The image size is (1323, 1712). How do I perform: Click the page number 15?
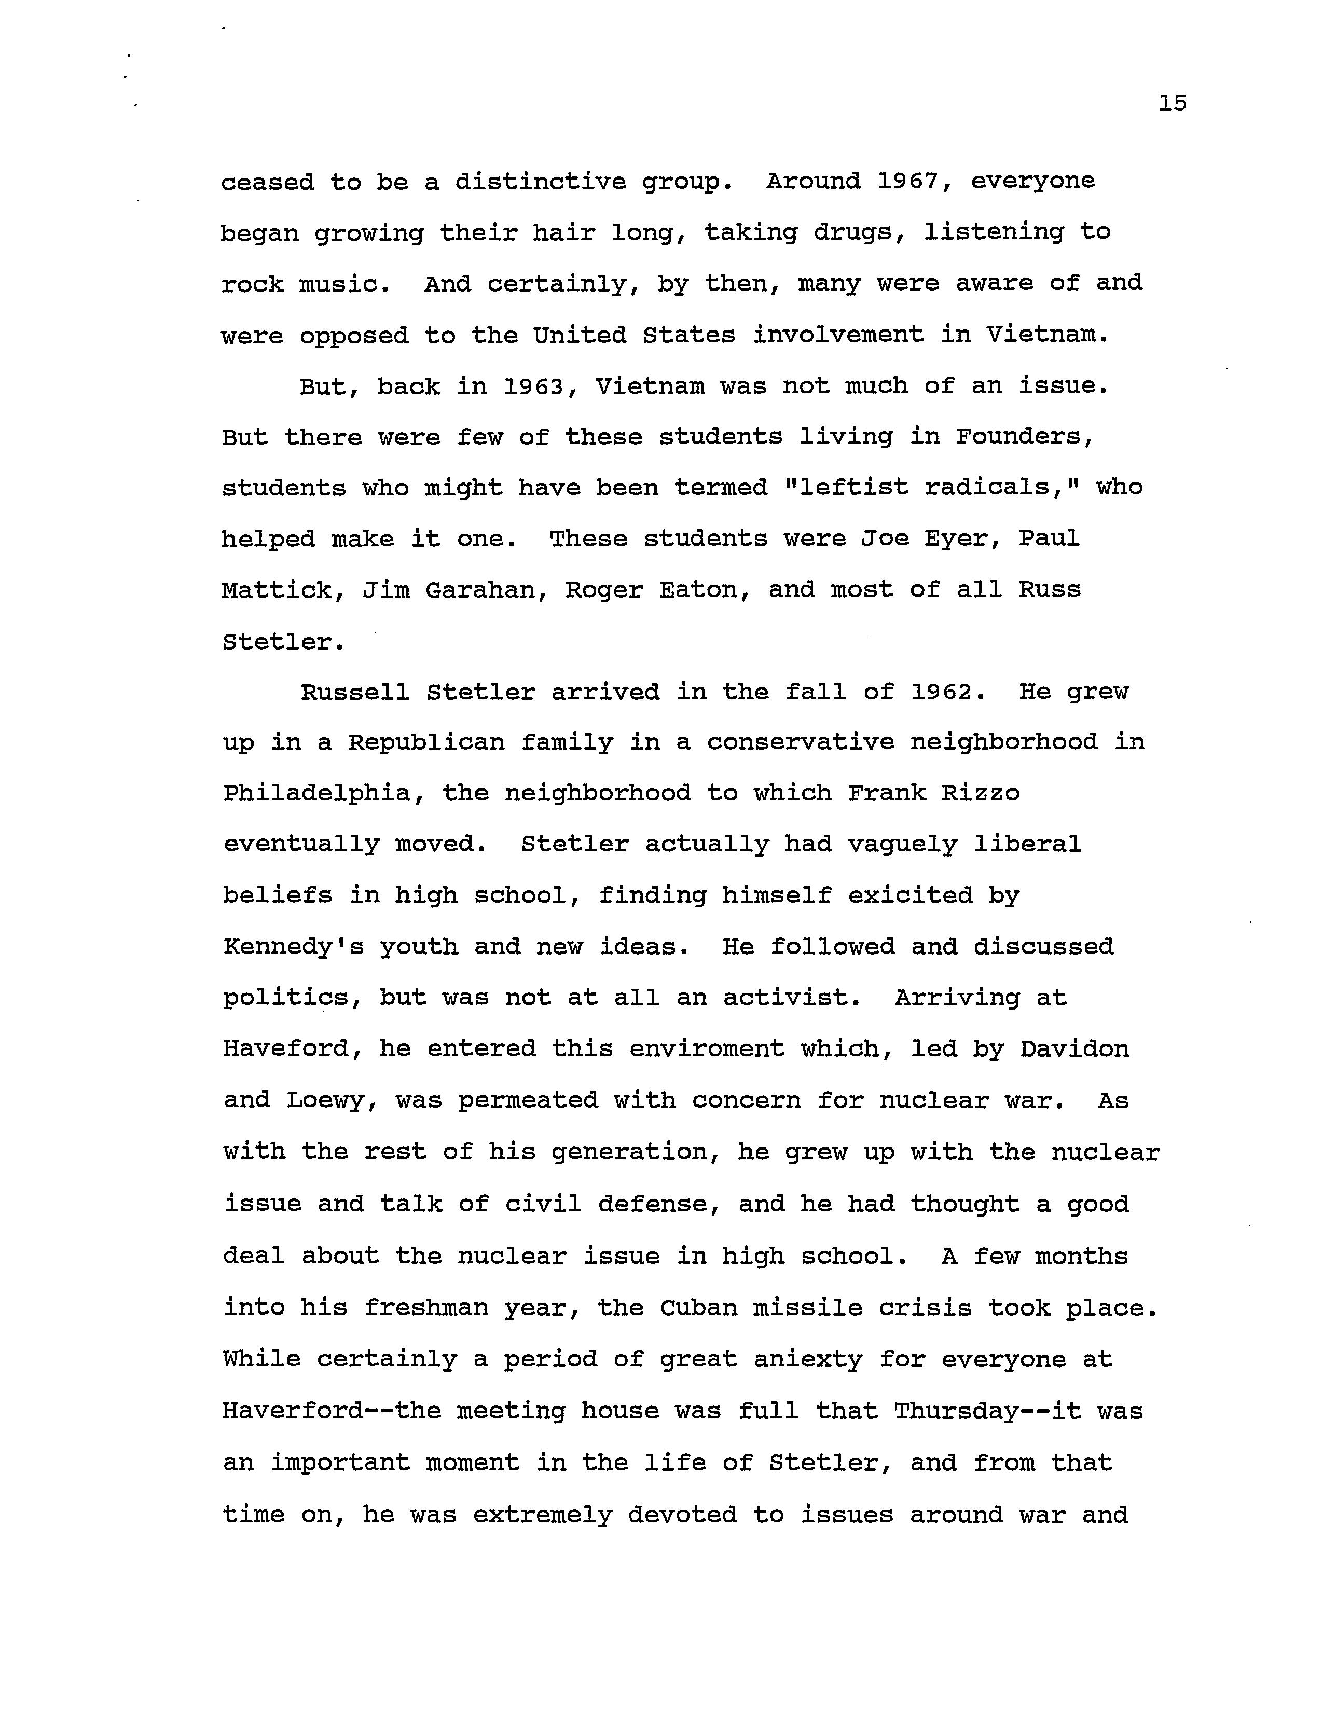coord(1173,103)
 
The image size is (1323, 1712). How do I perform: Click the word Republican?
coord(426,742)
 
